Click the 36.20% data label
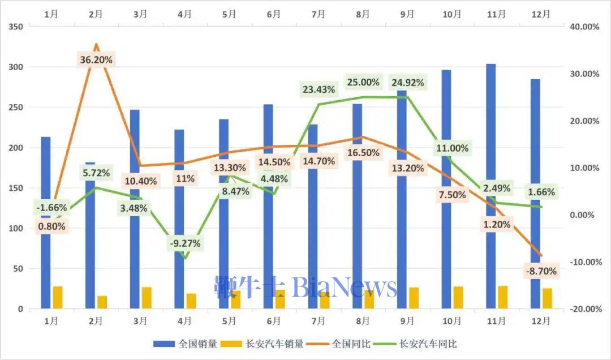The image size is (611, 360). [96, 59]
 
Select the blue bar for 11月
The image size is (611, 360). [490, 187]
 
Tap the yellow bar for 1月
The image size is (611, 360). [58, 297]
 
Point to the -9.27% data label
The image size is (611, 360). [185, 243]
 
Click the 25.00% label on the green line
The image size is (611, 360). [363, 82]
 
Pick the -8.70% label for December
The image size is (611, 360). [541, 271]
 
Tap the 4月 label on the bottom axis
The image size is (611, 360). [185, 321]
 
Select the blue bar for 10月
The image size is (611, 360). [446, 190]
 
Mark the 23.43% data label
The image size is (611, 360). [319, 89]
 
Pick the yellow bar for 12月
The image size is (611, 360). [547, 298]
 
